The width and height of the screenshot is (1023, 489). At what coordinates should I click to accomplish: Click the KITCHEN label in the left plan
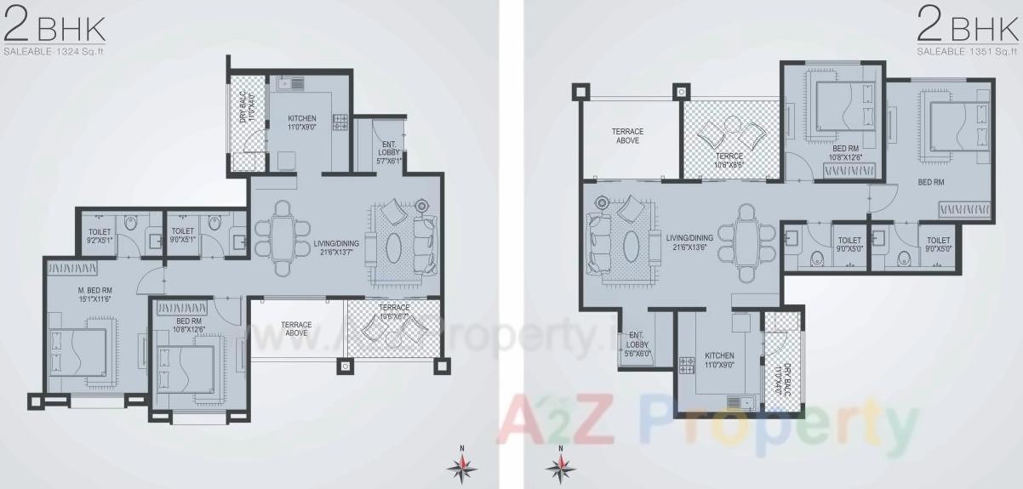point(301,122)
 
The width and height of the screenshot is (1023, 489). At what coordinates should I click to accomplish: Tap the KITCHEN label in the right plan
point(719,360)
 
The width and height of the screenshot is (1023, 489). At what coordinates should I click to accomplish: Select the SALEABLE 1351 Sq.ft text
point(967,52)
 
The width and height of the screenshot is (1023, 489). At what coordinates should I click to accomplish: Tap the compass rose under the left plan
point(462,464)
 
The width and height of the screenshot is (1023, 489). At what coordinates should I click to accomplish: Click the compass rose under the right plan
point(560,464)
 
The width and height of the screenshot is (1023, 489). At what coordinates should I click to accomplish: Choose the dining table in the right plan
point(747,242)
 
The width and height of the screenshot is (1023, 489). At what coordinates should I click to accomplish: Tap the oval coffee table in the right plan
point(631,247)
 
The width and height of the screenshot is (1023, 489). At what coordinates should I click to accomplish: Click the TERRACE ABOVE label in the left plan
point(296,328)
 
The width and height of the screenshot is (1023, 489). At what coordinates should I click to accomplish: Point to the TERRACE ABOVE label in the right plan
point(627,136)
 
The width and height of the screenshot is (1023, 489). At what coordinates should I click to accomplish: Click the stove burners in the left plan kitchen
point(340,122)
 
